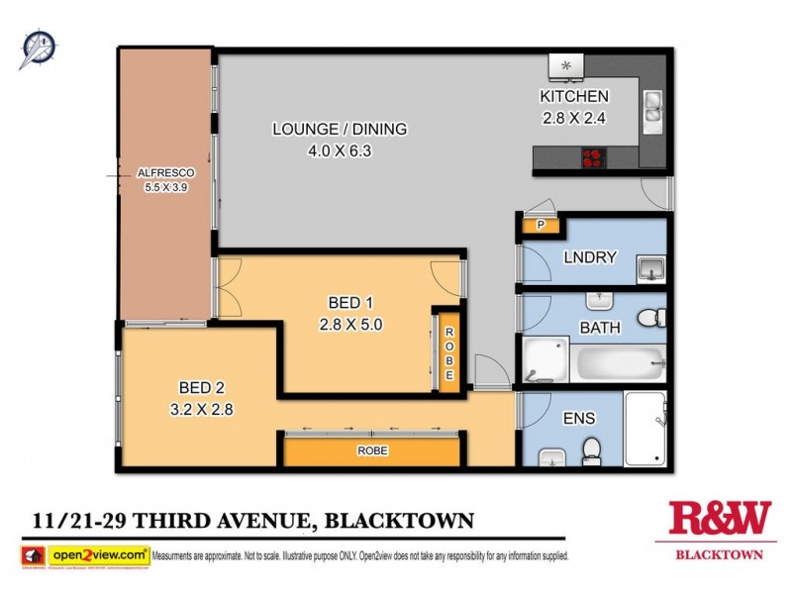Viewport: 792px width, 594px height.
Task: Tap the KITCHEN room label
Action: (x=573, y=96)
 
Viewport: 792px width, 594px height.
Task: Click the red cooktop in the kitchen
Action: (x=594, y=155)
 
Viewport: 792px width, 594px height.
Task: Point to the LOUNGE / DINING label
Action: (x=340, y=129)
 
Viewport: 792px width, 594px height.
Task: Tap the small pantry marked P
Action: (x=541, y=226)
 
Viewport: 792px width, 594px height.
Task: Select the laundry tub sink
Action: (x=650, y=267)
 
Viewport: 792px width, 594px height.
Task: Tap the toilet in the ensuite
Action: (x=590, y=450)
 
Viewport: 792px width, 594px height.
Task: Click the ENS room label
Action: (x=579, y=418)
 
